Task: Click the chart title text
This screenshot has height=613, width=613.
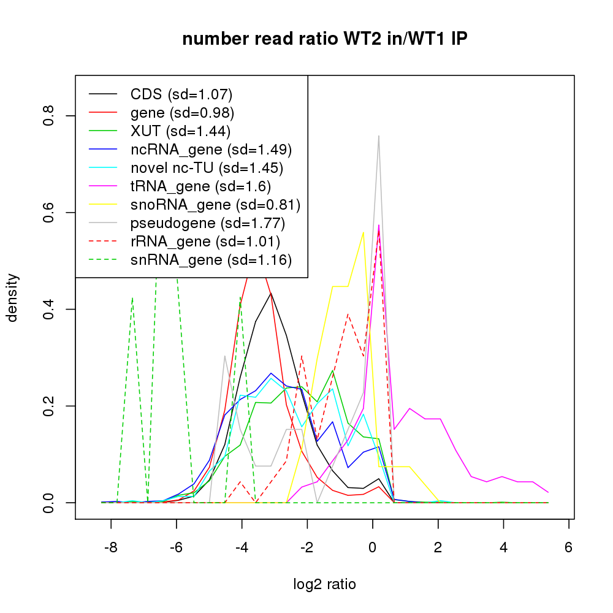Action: click(326, 39)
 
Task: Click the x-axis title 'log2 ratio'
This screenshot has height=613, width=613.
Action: click(325, 584)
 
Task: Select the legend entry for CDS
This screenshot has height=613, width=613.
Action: click(181, 94)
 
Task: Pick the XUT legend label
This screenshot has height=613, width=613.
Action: click(180, 131)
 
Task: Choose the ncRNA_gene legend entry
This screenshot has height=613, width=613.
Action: click(211, 150)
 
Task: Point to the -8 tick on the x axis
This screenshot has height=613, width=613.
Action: click(111, 547)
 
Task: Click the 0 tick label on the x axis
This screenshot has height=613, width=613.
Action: click(372, 547)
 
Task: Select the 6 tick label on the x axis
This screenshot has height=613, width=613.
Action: click(568, 547)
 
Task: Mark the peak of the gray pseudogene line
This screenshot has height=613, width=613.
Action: click(379, 136)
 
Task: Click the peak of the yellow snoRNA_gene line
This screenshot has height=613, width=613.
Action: click(364, 232)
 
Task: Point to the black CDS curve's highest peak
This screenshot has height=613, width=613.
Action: click(270, 293)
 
